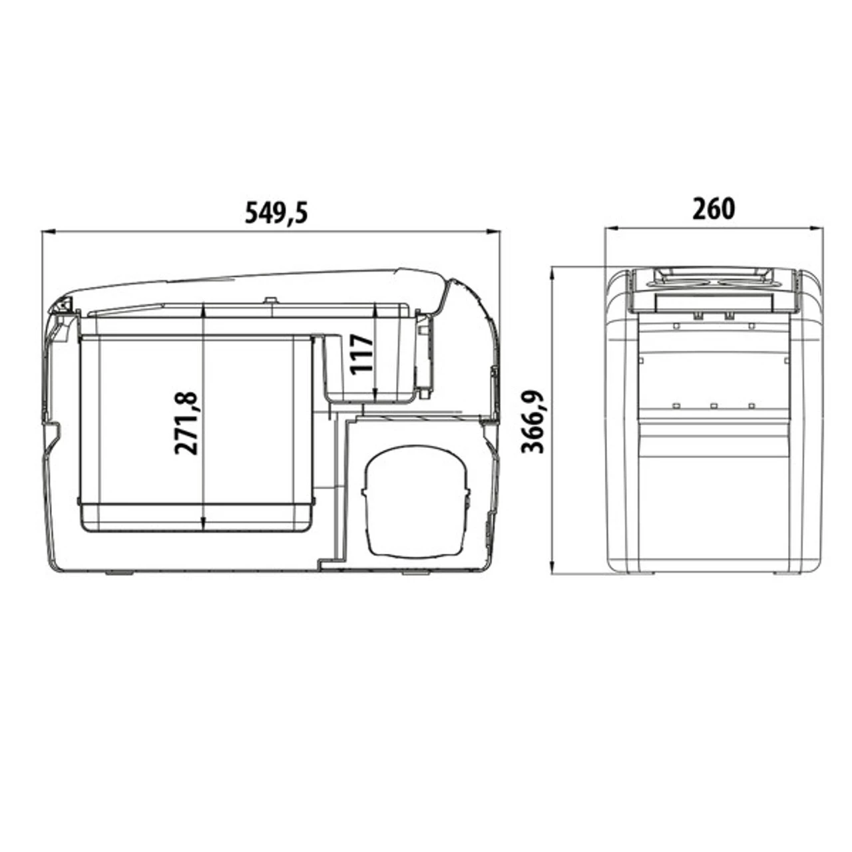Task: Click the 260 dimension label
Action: [x=714, y=209]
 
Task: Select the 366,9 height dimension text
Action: [x=532, y=421]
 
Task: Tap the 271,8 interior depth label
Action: [x=186, y=423]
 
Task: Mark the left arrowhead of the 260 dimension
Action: [x=611, y=228]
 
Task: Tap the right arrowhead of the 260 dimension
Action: [x=817, y=228]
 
